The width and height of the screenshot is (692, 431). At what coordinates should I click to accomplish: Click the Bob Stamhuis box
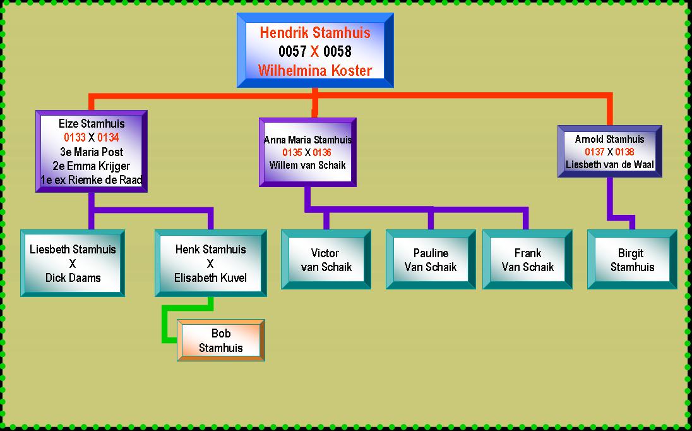[x=221, y=341]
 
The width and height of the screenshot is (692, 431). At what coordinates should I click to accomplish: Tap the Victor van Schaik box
[x=326, y=260]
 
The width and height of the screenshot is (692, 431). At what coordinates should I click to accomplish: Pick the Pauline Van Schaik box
[x=431, y=260]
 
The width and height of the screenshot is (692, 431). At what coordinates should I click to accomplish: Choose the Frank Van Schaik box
[x=527, y=260]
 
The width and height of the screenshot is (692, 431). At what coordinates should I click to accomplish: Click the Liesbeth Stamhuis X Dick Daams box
[x=73, y=264]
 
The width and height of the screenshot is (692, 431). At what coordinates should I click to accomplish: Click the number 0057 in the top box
[x=292, y=51]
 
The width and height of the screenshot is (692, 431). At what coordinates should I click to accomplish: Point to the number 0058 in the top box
[x=337, y=51]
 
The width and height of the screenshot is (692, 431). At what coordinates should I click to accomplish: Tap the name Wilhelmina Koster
[x=314, y=70]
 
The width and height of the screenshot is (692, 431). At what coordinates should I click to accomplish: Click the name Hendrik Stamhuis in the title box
[x=314, y=32]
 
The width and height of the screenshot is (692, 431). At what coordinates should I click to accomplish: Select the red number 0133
[x=75, y=138]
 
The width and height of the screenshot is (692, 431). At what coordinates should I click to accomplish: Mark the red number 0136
[x=321, y=152]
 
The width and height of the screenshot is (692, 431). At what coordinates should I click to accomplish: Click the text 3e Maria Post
[x=92, y=152]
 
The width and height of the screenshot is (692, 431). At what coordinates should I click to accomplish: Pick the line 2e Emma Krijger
[x=92, y=166]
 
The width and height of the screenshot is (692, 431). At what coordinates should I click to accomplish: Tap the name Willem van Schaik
[x=307, y=165]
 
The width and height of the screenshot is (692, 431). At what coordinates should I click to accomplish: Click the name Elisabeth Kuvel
[x=210, y=277]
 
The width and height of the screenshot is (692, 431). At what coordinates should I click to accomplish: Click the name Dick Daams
[x=73, y=277]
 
